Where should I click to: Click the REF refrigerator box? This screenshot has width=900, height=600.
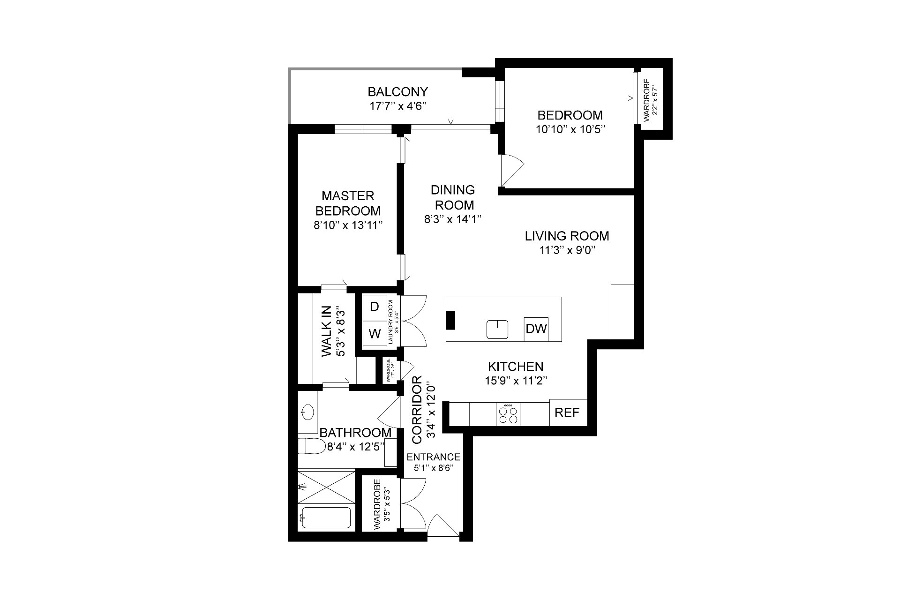[567, 413]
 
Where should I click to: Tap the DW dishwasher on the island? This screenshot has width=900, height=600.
[536, 329]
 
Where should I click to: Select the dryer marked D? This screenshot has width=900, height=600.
[375, 307]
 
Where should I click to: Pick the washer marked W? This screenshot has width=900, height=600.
[375, 333]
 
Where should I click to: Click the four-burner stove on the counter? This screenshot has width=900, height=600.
[508, 414]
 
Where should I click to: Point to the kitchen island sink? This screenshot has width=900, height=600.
[497, 330]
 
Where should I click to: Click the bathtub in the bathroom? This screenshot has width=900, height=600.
[326, 518]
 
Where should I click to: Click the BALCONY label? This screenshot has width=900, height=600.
[397, 91]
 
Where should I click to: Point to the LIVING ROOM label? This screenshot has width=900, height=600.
[567, 236]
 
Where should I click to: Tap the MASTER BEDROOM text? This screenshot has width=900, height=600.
[348, 203]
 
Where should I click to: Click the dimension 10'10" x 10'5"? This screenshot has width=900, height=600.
[570, 129]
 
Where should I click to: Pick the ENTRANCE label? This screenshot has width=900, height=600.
[433, 457]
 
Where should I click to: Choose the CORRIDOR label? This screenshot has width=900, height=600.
[417, 409]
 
